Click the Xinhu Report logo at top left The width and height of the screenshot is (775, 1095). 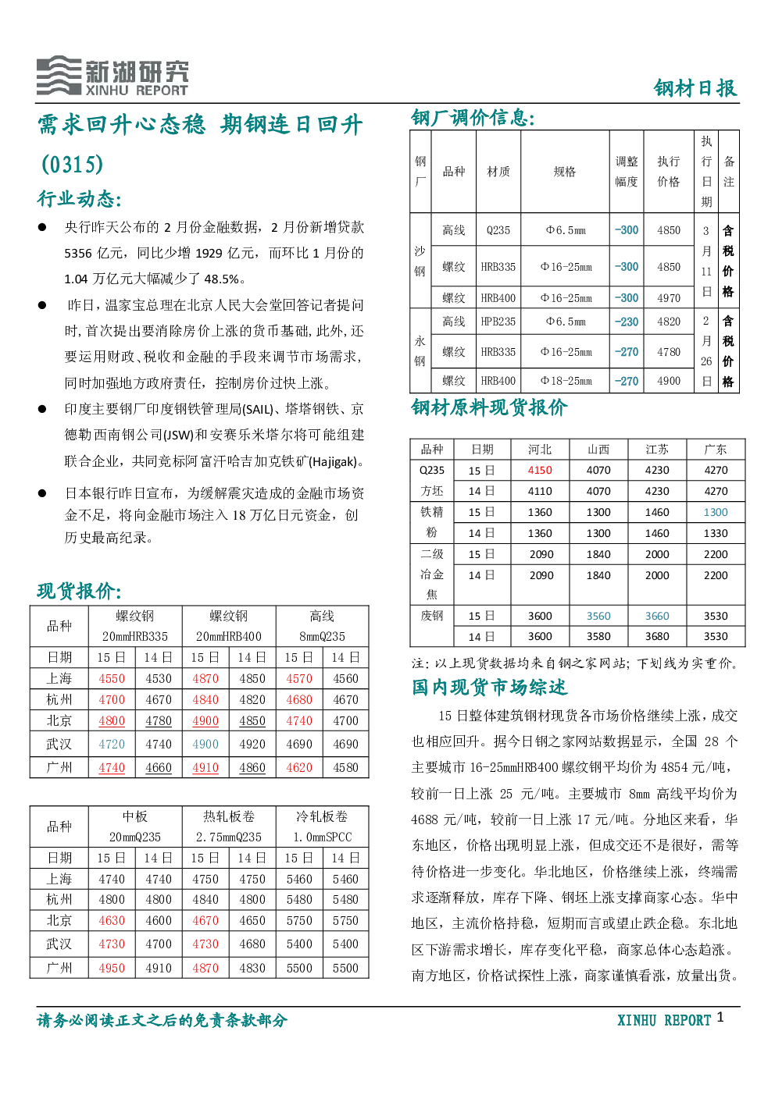(112, 76)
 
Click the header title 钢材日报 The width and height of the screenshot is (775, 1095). (695, 88)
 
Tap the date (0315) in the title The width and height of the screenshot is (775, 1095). (73, 164)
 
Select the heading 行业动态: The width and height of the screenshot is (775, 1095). (79, 199)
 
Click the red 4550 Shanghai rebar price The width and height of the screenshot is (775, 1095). (112, 678)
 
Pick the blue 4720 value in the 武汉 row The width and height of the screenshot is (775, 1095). (112, 744)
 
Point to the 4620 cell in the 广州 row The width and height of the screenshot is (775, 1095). (299, 767)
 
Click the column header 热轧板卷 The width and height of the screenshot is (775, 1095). (228, 816)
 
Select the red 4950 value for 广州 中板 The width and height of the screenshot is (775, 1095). (112, 968)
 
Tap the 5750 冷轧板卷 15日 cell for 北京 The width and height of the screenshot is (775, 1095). (299, 920)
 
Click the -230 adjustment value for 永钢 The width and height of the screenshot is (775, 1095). (627, 322)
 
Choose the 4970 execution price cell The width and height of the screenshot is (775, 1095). (668, 297)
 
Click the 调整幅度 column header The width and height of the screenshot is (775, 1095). (627, 172)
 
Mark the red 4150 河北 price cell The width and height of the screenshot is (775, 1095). (540, 471)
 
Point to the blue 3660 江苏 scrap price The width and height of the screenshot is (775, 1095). (656, 616)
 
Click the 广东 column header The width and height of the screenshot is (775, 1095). (716, 450)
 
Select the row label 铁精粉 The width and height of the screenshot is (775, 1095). (431, 522)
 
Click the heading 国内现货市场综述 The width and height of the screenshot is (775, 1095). (489, 688)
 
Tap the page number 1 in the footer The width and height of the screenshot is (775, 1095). (720, 1016)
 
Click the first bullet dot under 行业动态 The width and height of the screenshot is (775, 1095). (42, 227)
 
